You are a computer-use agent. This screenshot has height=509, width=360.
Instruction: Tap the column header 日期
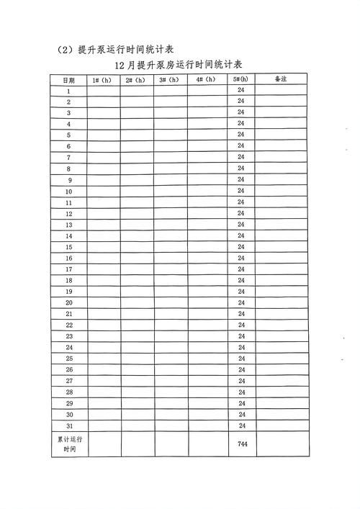(68, 80)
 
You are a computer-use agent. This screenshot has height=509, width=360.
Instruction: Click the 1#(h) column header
(103, 80)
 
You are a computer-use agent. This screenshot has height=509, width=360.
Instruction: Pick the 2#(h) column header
(136, 80)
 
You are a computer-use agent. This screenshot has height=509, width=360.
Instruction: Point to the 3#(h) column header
(170, 80)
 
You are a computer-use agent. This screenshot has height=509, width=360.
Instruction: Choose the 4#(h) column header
(206, 80)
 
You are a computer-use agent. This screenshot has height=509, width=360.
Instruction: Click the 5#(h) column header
(240, 80)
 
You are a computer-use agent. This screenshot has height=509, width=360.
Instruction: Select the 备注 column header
(282, 80)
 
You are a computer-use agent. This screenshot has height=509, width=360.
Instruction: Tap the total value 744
(242, 444)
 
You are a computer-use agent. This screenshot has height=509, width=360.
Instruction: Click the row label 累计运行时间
(69, 443)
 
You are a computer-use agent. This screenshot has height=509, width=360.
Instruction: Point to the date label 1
(68, 91)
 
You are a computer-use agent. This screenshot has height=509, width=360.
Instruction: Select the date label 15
(69, 247)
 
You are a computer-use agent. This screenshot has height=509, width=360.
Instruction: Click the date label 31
(69, 425)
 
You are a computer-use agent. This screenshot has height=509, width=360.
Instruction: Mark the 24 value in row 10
(241, 192)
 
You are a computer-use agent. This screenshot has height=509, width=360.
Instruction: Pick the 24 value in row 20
(241, 303)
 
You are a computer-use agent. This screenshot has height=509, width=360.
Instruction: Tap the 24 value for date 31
(241, 425)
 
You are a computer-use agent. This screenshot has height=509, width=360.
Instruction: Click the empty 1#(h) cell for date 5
(103, 135)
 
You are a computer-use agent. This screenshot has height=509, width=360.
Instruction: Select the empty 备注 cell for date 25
(282, 359)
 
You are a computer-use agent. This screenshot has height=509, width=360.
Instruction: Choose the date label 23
(69, 336)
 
